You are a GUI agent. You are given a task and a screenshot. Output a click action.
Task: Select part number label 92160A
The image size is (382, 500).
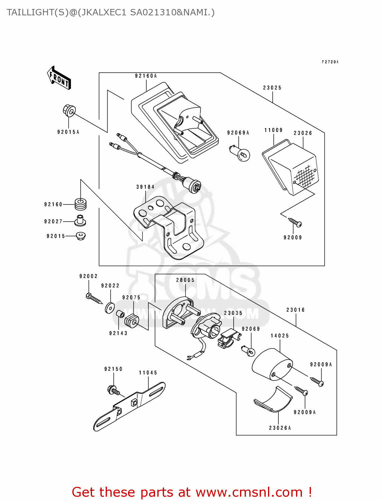(146, 76)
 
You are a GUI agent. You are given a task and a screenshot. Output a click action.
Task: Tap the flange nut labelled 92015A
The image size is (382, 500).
(69, 111)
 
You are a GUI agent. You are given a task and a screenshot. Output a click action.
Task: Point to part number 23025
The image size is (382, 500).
(272, 88)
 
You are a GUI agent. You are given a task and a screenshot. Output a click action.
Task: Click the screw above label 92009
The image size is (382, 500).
(295, 222)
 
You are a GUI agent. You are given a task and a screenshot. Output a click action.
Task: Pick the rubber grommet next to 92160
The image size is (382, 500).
(80, 204)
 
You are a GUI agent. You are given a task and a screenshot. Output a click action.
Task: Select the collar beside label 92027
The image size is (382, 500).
(80, 220)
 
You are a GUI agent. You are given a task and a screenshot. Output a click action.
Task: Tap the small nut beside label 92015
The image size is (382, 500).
(80, 236)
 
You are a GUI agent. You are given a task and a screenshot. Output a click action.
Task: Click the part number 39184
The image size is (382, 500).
(145, 187)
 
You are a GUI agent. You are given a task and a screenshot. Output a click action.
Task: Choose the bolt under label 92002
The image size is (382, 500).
(94, 298)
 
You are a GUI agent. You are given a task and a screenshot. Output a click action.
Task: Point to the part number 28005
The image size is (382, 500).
(185, 280)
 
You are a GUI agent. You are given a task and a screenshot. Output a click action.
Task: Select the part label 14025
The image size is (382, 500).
(280, 336)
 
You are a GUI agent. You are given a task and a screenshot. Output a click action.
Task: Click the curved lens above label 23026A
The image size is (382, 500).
(273, 399)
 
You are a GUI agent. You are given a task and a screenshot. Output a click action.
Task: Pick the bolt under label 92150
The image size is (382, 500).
(114, 390)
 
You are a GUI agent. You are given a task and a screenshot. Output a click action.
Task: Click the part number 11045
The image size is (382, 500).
(148, 373)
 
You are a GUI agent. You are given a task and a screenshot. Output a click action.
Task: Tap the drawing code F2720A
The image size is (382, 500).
(330, 62)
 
